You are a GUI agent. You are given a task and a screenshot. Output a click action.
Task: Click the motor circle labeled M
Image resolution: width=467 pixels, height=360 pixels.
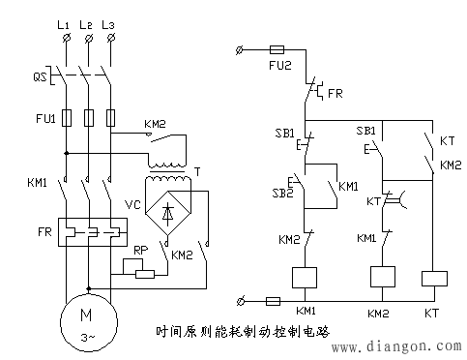click(x=88, y=322)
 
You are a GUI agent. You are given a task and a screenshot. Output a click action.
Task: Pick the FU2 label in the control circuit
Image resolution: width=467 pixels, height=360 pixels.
click(x=281, y=68)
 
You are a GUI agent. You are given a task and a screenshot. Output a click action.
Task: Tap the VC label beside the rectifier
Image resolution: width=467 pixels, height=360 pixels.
click(x=132, y=206)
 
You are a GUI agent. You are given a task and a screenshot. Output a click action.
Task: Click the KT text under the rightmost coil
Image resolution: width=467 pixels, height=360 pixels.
click(x=432, y=314)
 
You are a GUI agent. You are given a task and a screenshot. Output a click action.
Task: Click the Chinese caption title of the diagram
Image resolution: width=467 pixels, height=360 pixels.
click(x=242, y=331)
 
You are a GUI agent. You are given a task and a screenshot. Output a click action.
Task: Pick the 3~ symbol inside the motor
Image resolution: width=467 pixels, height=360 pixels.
click(x=88, y=337)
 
